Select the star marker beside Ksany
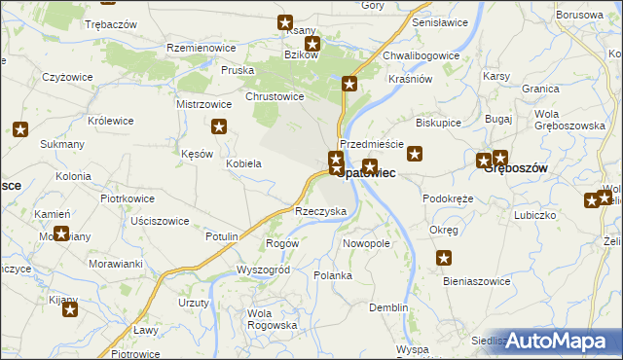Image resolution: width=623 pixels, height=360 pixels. click(x=285, y=22)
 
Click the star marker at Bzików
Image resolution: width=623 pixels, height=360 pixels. click(x=312, y=44)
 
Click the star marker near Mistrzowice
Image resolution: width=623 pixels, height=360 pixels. click(x=220, y=126)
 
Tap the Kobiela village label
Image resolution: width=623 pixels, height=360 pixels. click(x=243, y=163)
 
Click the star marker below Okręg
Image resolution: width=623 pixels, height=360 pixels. click(x=445, y=258)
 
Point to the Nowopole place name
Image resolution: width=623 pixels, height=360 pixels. click(x=366, y=243)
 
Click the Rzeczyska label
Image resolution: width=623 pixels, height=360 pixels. click(x=320, y=211)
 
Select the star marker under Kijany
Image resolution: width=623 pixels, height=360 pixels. click(x=70, y=309)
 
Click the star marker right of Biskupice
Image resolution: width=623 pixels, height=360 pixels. click(x=416, y=153)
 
